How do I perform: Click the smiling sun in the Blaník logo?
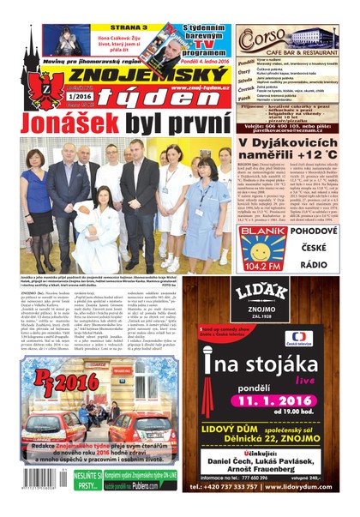[262, 238]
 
